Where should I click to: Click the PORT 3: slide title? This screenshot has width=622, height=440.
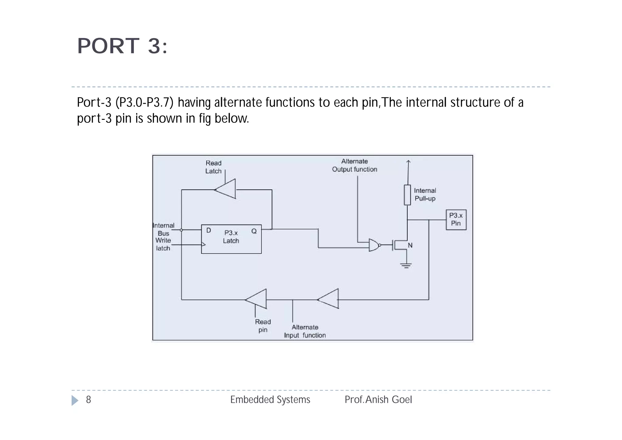tap(122, 46)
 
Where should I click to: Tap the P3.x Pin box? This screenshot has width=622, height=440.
tap(456, 220)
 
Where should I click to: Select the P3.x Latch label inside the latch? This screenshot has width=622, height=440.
tap(231, 237)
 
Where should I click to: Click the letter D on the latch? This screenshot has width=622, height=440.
tap(209, 230)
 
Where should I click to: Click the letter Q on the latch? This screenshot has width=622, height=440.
tap(254, 231)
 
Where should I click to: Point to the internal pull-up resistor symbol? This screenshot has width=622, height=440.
tap(407, 195)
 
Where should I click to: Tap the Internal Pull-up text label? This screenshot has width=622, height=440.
tap(425, 195)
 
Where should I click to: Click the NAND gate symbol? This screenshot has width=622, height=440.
tap(374, 245)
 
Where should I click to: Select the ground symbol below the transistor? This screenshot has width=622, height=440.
tap(406, 265)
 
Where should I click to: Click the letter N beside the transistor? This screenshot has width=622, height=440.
tap(410, 245)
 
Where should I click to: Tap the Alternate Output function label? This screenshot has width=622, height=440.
tap(354, 165)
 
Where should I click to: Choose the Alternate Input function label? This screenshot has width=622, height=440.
tap(305, 331)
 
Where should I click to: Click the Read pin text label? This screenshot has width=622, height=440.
tap(263, 326)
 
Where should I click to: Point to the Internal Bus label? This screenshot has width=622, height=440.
tap(163, 229)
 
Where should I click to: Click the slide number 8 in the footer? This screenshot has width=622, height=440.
tap(88, 400)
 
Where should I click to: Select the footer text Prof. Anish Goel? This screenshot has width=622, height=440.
tap(378, 400)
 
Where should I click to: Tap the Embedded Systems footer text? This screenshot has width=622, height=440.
tap(270, 400)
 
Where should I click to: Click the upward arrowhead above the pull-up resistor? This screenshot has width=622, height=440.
tap(408, 162)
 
